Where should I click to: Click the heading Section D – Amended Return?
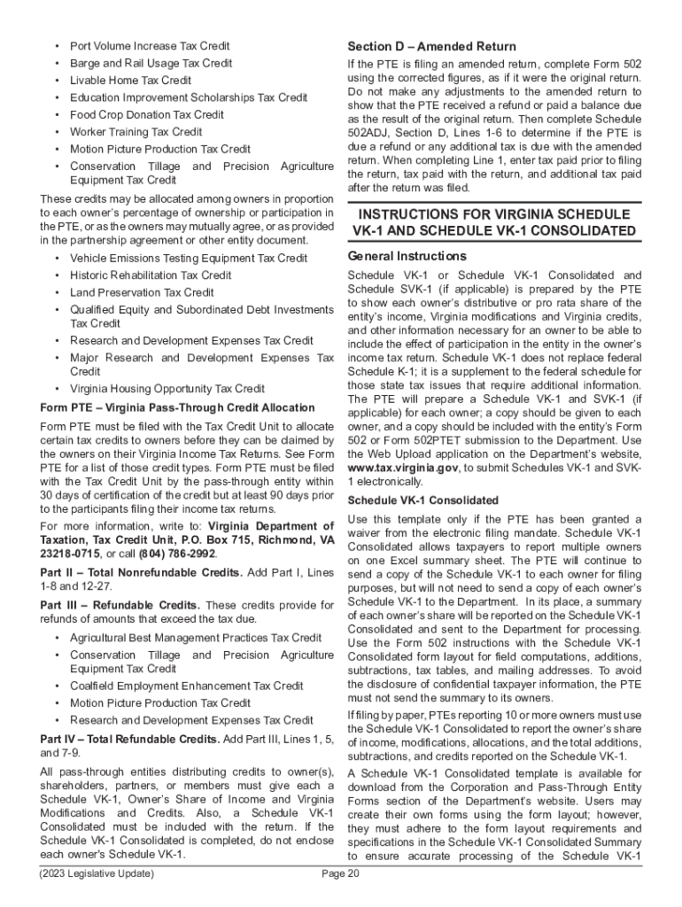tap(431, 46)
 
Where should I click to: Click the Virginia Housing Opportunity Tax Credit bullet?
tap(167, 388)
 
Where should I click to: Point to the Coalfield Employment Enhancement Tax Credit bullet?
tap(186, 686)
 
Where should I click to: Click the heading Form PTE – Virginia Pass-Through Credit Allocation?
tap(177, 407)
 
